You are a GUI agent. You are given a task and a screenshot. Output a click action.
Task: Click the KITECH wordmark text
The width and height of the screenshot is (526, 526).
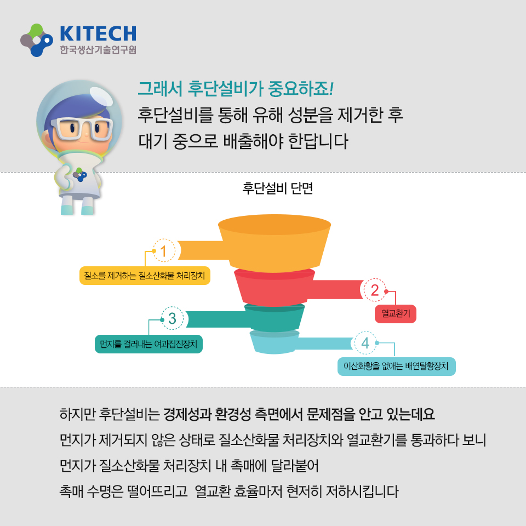coord(98,33)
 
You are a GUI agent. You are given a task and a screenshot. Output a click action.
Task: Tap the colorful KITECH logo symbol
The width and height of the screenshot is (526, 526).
coord(37,40)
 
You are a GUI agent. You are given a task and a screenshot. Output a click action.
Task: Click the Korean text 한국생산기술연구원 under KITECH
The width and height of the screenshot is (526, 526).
coord(98,50)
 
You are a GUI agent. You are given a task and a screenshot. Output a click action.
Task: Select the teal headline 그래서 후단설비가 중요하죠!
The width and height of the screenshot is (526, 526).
coord(236,89)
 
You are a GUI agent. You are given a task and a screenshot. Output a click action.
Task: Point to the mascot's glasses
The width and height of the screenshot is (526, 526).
coord(82,128)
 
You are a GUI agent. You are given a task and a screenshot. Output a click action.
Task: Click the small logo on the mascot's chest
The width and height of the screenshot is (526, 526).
coord(80,175)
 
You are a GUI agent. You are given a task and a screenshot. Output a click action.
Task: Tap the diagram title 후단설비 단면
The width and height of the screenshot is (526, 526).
coord(277,188)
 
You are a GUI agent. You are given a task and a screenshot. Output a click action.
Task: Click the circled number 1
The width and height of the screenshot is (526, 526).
coord(164,250)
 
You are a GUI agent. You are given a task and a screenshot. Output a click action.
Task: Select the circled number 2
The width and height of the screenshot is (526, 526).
coord(374,290)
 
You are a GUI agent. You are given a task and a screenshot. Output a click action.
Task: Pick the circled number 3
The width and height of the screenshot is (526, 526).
coord(172,318)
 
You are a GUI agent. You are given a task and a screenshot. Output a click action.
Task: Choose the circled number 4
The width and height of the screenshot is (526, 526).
coord(365,343)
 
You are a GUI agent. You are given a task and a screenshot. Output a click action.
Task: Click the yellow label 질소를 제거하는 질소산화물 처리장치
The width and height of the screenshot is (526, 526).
coord(145,276)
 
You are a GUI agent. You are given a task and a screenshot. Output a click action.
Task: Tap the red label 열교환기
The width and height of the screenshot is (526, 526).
coord(396,313)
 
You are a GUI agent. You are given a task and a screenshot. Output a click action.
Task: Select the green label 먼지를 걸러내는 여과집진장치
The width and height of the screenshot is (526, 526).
coord(148,344)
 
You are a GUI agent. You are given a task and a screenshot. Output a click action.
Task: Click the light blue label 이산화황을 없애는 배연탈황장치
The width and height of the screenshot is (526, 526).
coord(397,367)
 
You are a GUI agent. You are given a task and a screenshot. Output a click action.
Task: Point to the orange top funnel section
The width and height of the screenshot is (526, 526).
coord(275,243)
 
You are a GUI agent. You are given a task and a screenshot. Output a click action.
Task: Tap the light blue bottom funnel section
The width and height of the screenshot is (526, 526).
coord(275,342)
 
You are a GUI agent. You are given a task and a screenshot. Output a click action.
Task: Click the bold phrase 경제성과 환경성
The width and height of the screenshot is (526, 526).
coord(207,414)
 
